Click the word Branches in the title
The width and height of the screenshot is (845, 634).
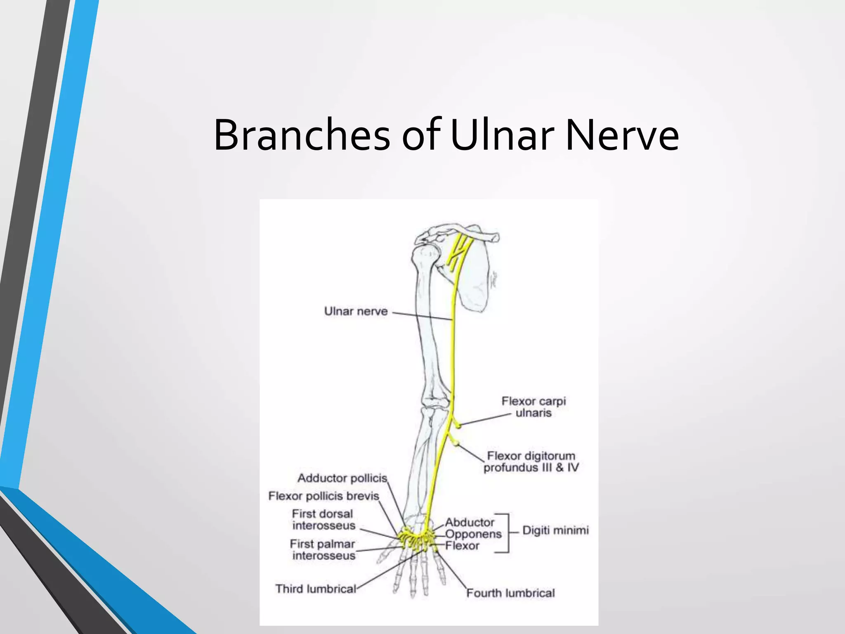coord(302,135)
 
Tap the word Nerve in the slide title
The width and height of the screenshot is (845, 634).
coord(622,135)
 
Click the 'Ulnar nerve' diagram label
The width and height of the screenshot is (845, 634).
coord(356,311)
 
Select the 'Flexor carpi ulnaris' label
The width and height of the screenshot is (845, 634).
coord(533,407)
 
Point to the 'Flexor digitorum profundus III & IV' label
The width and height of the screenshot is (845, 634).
coord(531,462)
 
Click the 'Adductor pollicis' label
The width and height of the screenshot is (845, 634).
coord(342,478)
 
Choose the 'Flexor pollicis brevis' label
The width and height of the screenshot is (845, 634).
coord(323,496)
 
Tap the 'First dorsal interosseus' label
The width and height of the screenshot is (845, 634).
coord(323,520)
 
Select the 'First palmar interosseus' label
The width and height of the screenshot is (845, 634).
coord(323,550)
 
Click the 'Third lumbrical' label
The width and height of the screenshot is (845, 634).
coord(316,589)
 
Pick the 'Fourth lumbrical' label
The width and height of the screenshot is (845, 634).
coord(510,593)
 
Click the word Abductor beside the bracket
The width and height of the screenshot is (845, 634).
coord(470,523)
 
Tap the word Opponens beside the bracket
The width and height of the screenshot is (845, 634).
coord(473,534)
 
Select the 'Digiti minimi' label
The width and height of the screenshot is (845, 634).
coord(555,530)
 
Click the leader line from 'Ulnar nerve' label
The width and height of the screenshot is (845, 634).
coord(421,316)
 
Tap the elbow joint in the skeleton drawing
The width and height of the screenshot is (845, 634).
coord(435,402)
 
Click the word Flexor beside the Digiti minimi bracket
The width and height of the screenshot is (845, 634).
coord(462,546)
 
